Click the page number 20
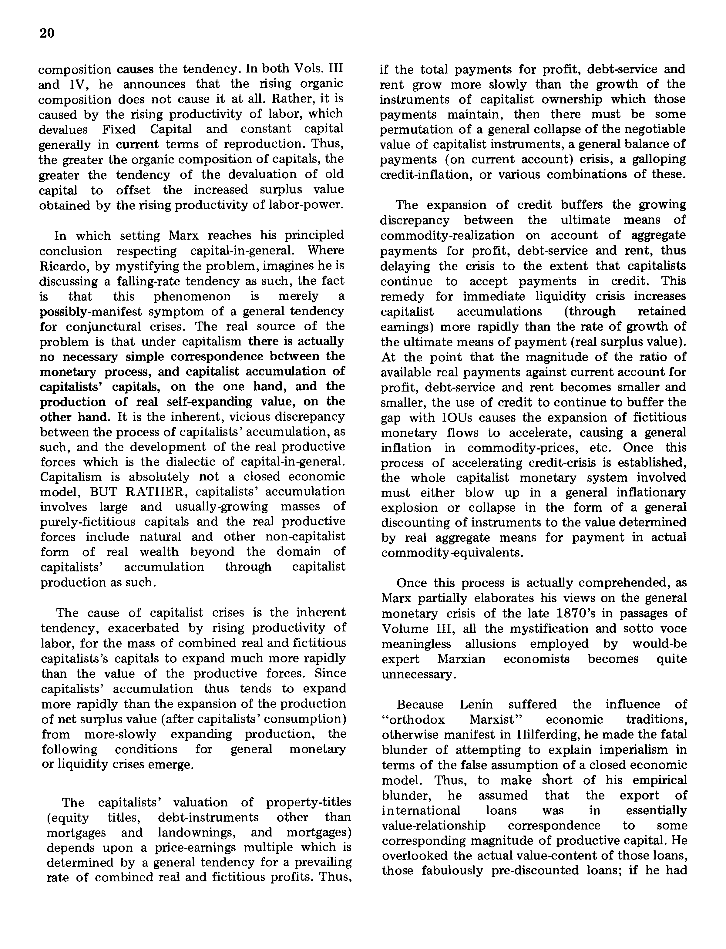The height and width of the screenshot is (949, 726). pyautogui.click(x=47, y=33)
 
